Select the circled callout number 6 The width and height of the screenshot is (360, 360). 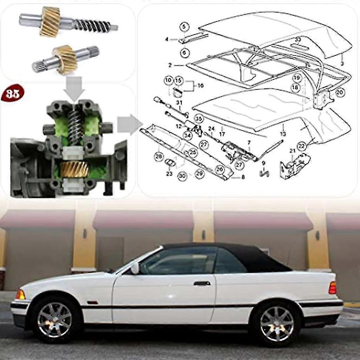(185, 53)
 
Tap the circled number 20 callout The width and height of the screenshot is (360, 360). (340, 92)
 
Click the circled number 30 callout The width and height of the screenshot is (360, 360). (182, 176)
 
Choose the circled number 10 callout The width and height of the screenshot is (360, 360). (168, 81)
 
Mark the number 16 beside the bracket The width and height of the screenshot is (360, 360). (201, 85)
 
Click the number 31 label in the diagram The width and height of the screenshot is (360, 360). (179, 103)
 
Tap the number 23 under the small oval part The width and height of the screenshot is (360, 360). (169, 173)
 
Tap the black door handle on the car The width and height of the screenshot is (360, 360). (202, 283)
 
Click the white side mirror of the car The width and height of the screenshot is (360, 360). (135, 269)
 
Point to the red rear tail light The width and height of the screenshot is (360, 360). (332, 288)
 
